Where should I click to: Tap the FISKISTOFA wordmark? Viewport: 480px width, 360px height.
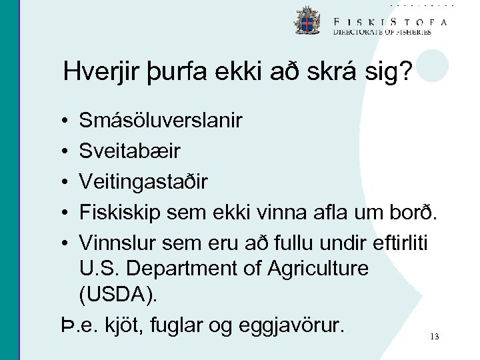391,21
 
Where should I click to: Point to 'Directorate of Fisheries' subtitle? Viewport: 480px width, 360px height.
382,31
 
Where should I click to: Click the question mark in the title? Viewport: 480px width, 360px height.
402,72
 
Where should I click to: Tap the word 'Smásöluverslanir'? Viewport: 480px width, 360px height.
161,121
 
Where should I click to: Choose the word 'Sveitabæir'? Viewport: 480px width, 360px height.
129,151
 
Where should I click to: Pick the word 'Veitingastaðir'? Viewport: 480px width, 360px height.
143,181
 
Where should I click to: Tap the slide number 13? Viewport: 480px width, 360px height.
435,337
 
